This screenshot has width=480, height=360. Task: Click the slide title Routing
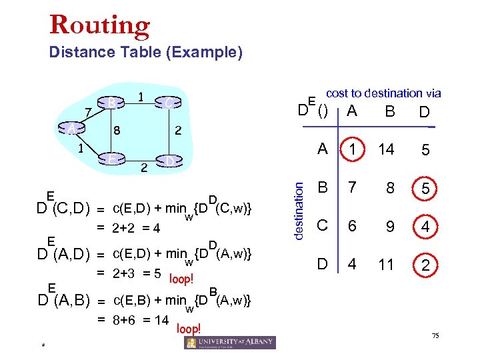click(100, 25)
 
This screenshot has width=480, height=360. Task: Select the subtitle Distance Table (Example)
click(146, 52)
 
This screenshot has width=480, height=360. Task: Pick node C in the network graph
click(169, 102)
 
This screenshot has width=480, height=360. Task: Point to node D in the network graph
click(170, 161)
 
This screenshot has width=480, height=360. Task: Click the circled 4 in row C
click(425, 227)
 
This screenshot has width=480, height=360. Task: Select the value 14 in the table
click(386, 151)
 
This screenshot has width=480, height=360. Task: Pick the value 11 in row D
click(386, 265)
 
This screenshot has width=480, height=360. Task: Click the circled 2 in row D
click(425, 265)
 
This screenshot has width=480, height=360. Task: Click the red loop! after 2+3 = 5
click(182, 278)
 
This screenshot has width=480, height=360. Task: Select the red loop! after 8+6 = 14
click(189, 329)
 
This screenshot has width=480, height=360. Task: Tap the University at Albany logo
click(229, 342)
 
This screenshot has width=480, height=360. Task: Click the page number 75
click(435, 335)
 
